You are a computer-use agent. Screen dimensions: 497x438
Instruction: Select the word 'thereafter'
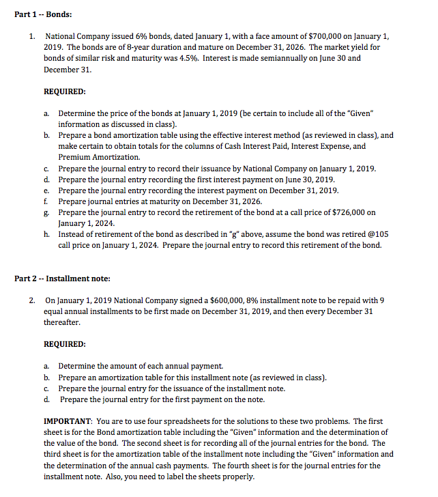click(x=62, y=322)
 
